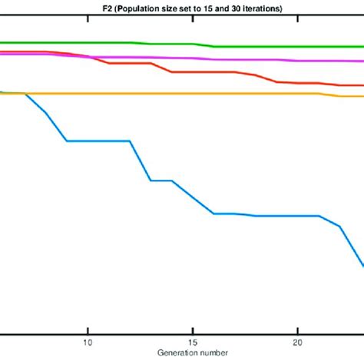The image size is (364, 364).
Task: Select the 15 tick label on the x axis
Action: [192, 343]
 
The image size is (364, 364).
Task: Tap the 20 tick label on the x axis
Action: [297, 343]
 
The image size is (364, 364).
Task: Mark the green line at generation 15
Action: [192, 45]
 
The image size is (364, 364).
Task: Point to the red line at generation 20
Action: [297, 83]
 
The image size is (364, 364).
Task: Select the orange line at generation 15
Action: [192, 94]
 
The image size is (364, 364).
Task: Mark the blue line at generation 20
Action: [297, 216]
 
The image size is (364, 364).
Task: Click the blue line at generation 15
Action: [192, 197]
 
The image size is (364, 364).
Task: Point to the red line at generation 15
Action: [192, 72]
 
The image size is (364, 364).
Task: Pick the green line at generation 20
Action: [297, 47]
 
